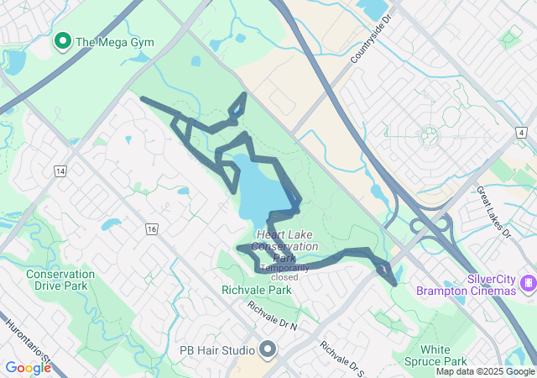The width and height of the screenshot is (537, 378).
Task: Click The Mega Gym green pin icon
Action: [62, 40]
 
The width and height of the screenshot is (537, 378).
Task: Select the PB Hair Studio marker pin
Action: [268, 349]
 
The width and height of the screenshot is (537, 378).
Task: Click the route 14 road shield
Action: [60, 171]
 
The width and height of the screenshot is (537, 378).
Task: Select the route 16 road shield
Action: [151, 228]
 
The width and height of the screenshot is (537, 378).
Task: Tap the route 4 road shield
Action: [522, 133]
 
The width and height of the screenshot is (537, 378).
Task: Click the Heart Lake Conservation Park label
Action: [287, 246]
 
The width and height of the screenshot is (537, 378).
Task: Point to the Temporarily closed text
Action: [284, 272]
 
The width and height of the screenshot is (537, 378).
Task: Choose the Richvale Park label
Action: [257, 290]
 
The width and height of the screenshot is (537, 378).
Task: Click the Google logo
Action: [28, 368]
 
